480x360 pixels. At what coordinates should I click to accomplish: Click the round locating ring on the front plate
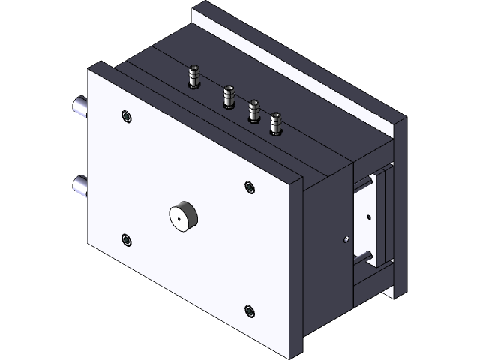click(182, 217)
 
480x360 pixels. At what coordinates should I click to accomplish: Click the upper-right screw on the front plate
click(250, 187)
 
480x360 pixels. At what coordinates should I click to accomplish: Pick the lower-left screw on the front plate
click(127, 239)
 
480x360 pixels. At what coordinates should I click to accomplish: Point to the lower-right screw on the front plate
click(250, 309)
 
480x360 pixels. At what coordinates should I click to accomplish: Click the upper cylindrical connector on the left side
click(79, 107)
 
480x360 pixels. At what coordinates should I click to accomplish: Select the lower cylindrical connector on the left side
click(79, 184)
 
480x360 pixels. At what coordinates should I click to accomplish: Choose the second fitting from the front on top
click(227, 97)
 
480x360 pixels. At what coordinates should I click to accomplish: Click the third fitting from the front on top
click(253, 112)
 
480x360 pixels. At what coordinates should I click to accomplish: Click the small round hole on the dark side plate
click(345, 239)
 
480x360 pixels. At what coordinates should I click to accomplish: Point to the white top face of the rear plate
click(300, 60)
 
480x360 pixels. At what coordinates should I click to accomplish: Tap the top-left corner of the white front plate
click(88, 68)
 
